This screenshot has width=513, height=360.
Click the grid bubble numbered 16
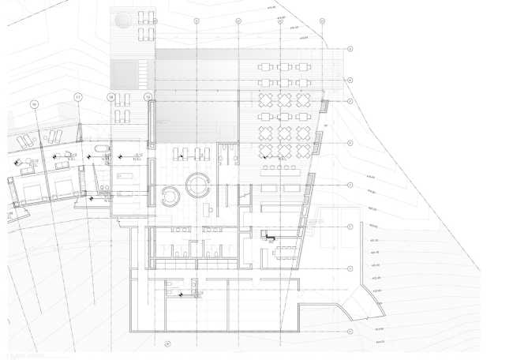click(35, 103)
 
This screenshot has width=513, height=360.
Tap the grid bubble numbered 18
click(110, 96)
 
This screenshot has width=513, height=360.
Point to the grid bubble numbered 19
click(148, 96)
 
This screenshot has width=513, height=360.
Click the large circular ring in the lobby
click(197, 186)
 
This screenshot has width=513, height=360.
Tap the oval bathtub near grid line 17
click(101, 150)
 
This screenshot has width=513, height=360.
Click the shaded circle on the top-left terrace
click(123, 17)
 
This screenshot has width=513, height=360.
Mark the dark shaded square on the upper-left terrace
click(125, 76)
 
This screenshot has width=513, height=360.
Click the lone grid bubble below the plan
click(167, 343)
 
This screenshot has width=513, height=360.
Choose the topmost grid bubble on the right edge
click(350, 49)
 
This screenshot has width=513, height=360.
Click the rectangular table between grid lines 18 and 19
click(126, 177)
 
